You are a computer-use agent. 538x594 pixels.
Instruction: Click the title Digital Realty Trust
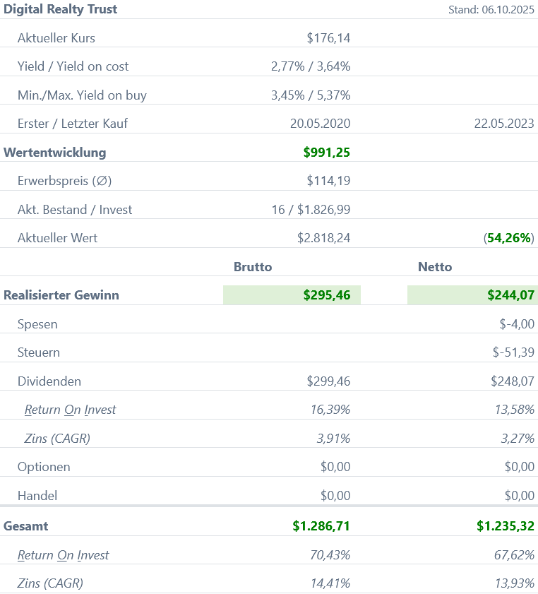tap(61, 9)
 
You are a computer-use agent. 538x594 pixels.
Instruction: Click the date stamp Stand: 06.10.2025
tap(491, 10)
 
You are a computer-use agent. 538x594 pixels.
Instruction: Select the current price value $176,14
tap(328, 38)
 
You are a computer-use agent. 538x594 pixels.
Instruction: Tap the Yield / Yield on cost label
tap(73, 66)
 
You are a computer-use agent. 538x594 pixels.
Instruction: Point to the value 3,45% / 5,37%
tap(311, 95)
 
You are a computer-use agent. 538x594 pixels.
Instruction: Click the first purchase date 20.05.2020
tap(320, 124)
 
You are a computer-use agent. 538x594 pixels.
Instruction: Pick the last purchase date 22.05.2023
tap(504, 124)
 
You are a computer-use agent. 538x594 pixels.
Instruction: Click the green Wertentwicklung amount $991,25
tap(326, 152)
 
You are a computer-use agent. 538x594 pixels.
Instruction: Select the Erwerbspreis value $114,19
tap(328, 181)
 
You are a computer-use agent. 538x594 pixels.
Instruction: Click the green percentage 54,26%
tap(509, 238)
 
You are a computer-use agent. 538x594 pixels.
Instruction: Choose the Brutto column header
tap(253, 266)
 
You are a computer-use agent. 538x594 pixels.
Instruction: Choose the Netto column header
tap(435, 266)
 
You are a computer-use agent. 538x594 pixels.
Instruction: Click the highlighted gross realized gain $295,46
tap(326, 295)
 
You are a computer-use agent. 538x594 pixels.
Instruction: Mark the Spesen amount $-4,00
tap(517, 324)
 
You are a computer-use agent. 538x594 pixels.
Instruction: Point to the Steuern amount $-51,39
tap(513, 352)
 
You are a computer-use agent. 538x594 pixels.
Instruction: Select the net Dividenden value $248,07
tap(513, 381)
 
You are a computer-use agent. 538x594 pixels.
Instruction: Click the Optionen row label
tap(44, 467)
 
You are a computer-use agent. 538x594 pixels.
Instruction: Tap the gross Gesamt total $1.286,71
tap(321, 525)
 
